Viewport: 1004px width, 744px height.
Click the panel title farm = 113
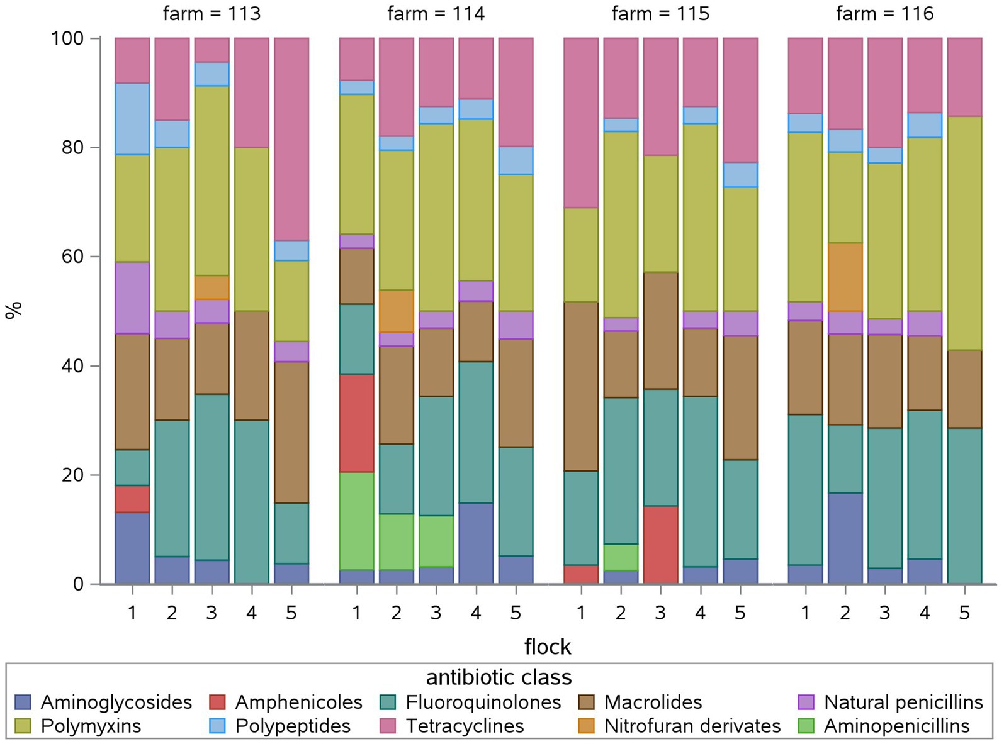(212, 13)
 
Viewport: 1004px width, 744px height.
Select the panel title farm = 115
(660, 13)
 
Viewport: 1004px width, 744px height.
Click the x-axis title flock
(548, 646)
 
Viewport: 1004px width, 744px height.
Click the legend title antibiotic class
(499, 677)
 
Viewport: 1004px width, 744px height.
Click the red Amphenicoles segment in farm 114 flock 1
(356, 423)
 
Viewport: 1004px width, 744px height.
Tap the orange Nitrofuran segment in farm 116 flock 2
(845, 277)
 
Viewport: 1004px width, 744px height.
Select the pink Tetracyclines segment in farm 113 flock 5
(291, 139)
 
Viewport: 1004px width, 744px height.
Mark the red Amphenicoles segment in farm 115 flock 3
(660, 545)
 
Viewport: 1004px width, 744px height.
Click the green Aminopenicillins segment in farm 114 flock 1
(356, 521)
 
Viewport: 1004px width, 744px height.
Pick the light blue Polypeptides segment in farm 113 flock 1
(132, 118)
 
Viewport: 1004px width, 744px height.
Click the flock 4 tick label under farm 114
(476, 612)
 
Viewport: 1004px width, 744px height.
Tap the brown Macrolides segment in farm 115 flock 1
(581, 386)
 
